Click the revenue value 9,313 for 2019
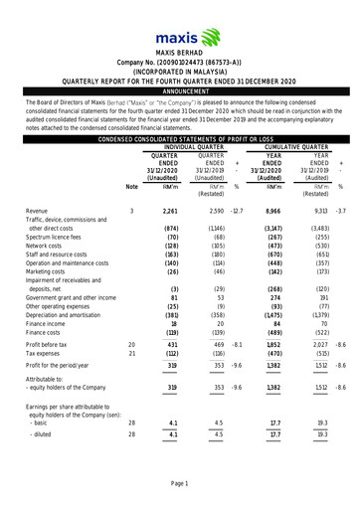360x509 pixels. [319, 212]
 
